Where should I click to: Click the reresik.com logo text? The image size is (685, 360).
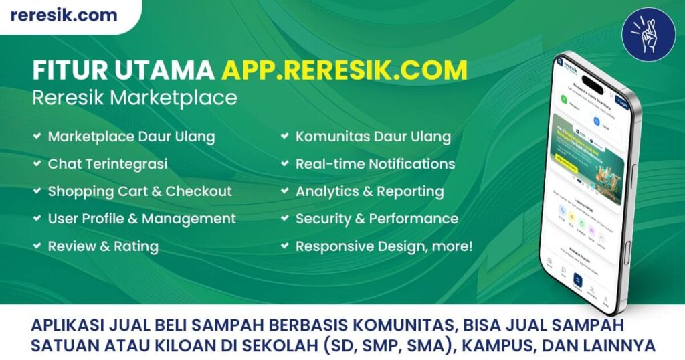64,15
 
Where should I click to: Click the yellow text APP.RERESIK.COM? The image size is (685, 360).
344,70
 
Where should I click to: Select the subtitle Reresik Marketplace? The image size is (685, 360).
134,98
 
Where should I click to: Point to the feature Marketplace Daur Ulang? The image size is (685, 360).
131,137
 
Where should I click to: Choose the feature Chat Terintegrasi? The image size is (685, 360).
107,164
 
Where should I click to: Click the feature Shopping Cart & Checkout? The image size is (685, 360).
139,191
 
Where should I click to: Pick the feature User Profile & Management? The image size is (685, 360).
141,219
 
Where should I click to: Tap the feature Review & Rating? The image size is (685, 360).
102,246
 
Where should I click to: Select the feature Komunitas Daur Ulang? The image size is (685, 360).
373,137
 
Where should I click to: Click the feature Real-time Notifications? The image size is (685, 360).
375,164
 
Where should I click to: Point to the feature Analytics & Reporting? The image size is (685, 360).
369,191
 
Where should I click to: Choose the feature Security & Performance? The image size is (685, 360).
377,219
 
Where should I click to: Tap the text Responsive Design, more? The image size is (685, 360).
384,246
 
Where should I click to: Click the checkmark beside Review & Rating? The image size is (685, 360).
36,246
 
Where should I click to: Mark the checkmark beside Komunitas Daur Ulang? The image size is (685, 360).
284,137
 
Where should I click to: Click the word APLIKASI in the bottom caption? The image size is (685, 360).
66,326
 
